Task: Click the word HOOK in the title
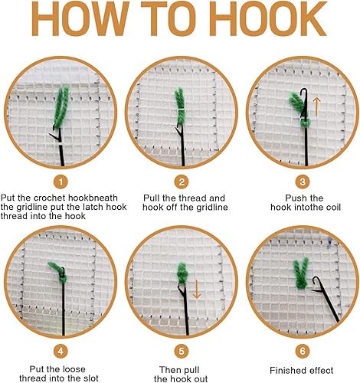(270, 19)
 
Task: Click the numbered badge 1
(61, 182)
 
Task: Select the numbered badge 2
(182, 182)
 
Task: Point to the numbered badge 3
(303, 182)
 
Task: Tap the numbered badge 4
(61, 352)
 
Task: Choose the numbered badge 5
(182, 352)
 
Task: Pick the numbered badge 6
(303, 352)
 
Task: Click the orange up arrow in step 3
(316, 106)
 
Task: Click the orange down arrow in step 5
(197, 290)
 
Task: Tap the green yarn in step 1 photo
(61, 107)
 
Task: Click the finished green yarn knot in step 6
(301, 273)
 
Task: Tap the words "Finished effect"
(302, 370)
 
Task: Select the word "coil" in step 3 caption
(332, 207)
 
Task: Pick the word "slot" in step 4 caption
(89, 378)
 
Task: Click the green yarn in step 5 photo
(182, 273)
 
